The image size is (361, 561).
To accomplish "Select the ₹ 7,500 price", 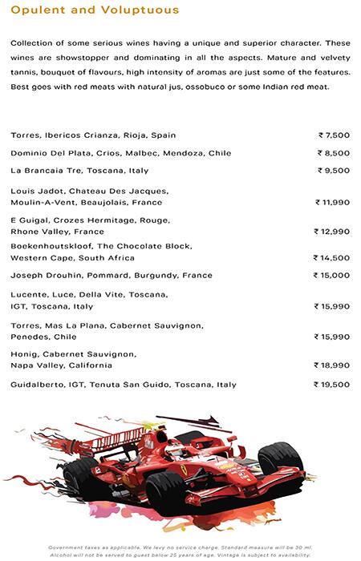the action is (334, 135).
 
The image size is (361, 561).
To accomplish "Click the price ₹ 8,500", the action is (334, 153).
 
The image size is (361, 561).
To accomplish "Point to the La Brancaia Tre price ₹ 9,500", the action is (334, 171).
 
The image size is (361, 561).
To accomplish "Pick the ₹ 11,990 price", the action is (332, 203).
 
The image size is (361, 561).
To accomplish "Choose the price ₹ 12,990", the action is (332, 232).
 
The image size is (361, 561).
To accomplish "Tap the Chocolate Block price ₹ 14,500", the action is (332, 258).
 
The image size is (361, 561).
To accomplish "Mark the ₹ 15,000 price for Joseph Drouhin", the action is (332, 276).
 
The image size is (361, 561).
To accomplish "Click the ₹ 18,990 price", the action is (332, 365).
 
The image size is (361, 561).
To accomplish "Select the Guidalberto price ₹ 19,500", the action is (332, 385).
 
